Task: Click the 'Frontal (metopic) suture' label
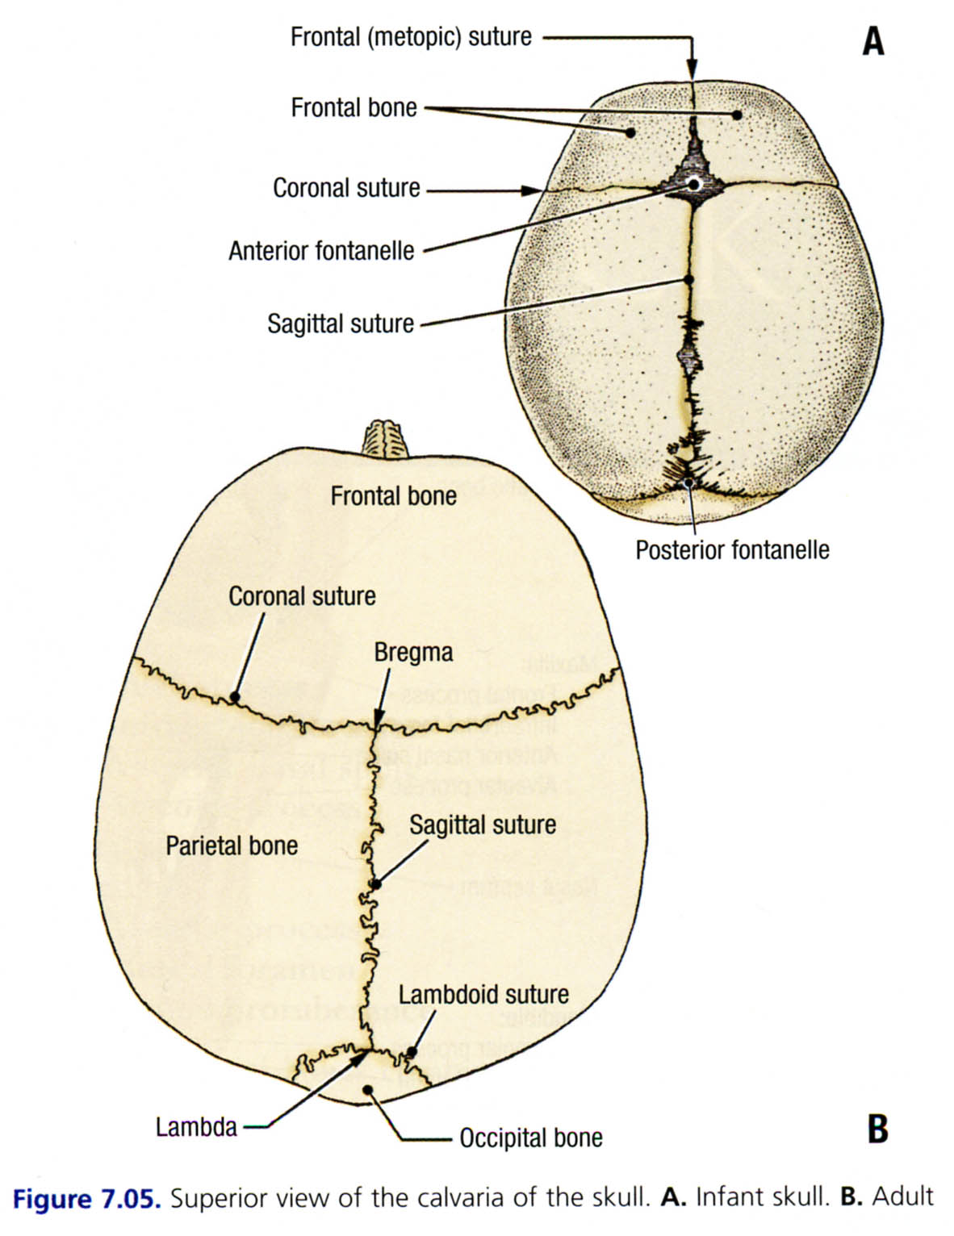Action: pyautogui.click(x=411, y=37)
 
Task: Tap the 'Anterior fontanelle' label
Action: pyautogui.click(x=321, y=251)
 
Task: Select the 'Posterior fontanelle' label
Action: pyautogui.click(x=732, y=550)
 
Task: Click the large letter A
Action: pyautogui.click(x=873, y=40)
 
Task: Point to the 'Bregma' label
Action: pyautogui.click(x=413, y=652)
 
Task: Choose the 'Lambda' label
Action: pyautogui.click(x=196, y=1126)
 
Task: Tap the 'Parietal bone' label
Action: pyautogui.click(x=232, y=846)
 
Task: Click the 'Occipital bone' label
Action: pyautogui.click(x=531, y=1138)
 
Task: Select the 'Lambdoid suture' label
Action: pyautogui.click(x=483, y=994)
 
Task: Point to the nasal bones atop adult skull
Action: pyautogui.click(x=384, y=439)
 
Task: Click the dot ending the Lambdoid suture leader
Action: pyautogui.click(x=411, y=1051)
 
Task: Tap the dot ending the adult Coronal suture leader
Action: pyautogui.click(x=235, y=695)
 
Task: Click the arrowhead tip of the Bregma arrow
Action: pyautogui.click(x=376, y=726)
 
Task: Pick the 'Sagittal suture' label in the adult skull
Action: pyautogui.click(x=483, y=825)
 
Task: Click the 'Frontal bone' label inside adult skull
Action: pyautogui.click(x=393, y=495)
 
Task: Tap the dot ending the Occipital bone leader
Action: pyautogui.click(x=368, y=1090)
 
